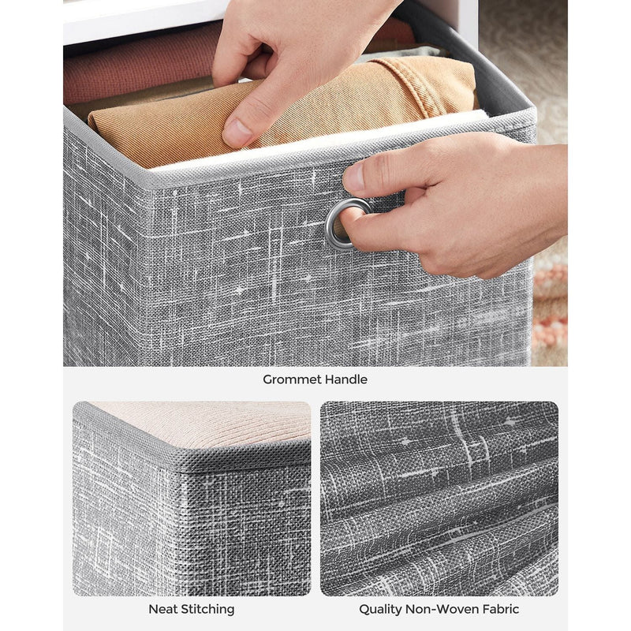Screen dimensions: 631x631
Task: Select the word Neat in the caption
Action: click(x=163, y=609)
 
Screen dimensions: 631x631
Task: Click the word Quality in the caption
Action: click(x=382, y=609)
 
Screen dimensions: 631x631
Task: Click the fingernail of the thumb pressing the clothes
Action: click(x=236, y=133)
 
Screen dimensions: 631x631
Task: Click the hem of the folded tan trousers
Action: click(x=442, y=79)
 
